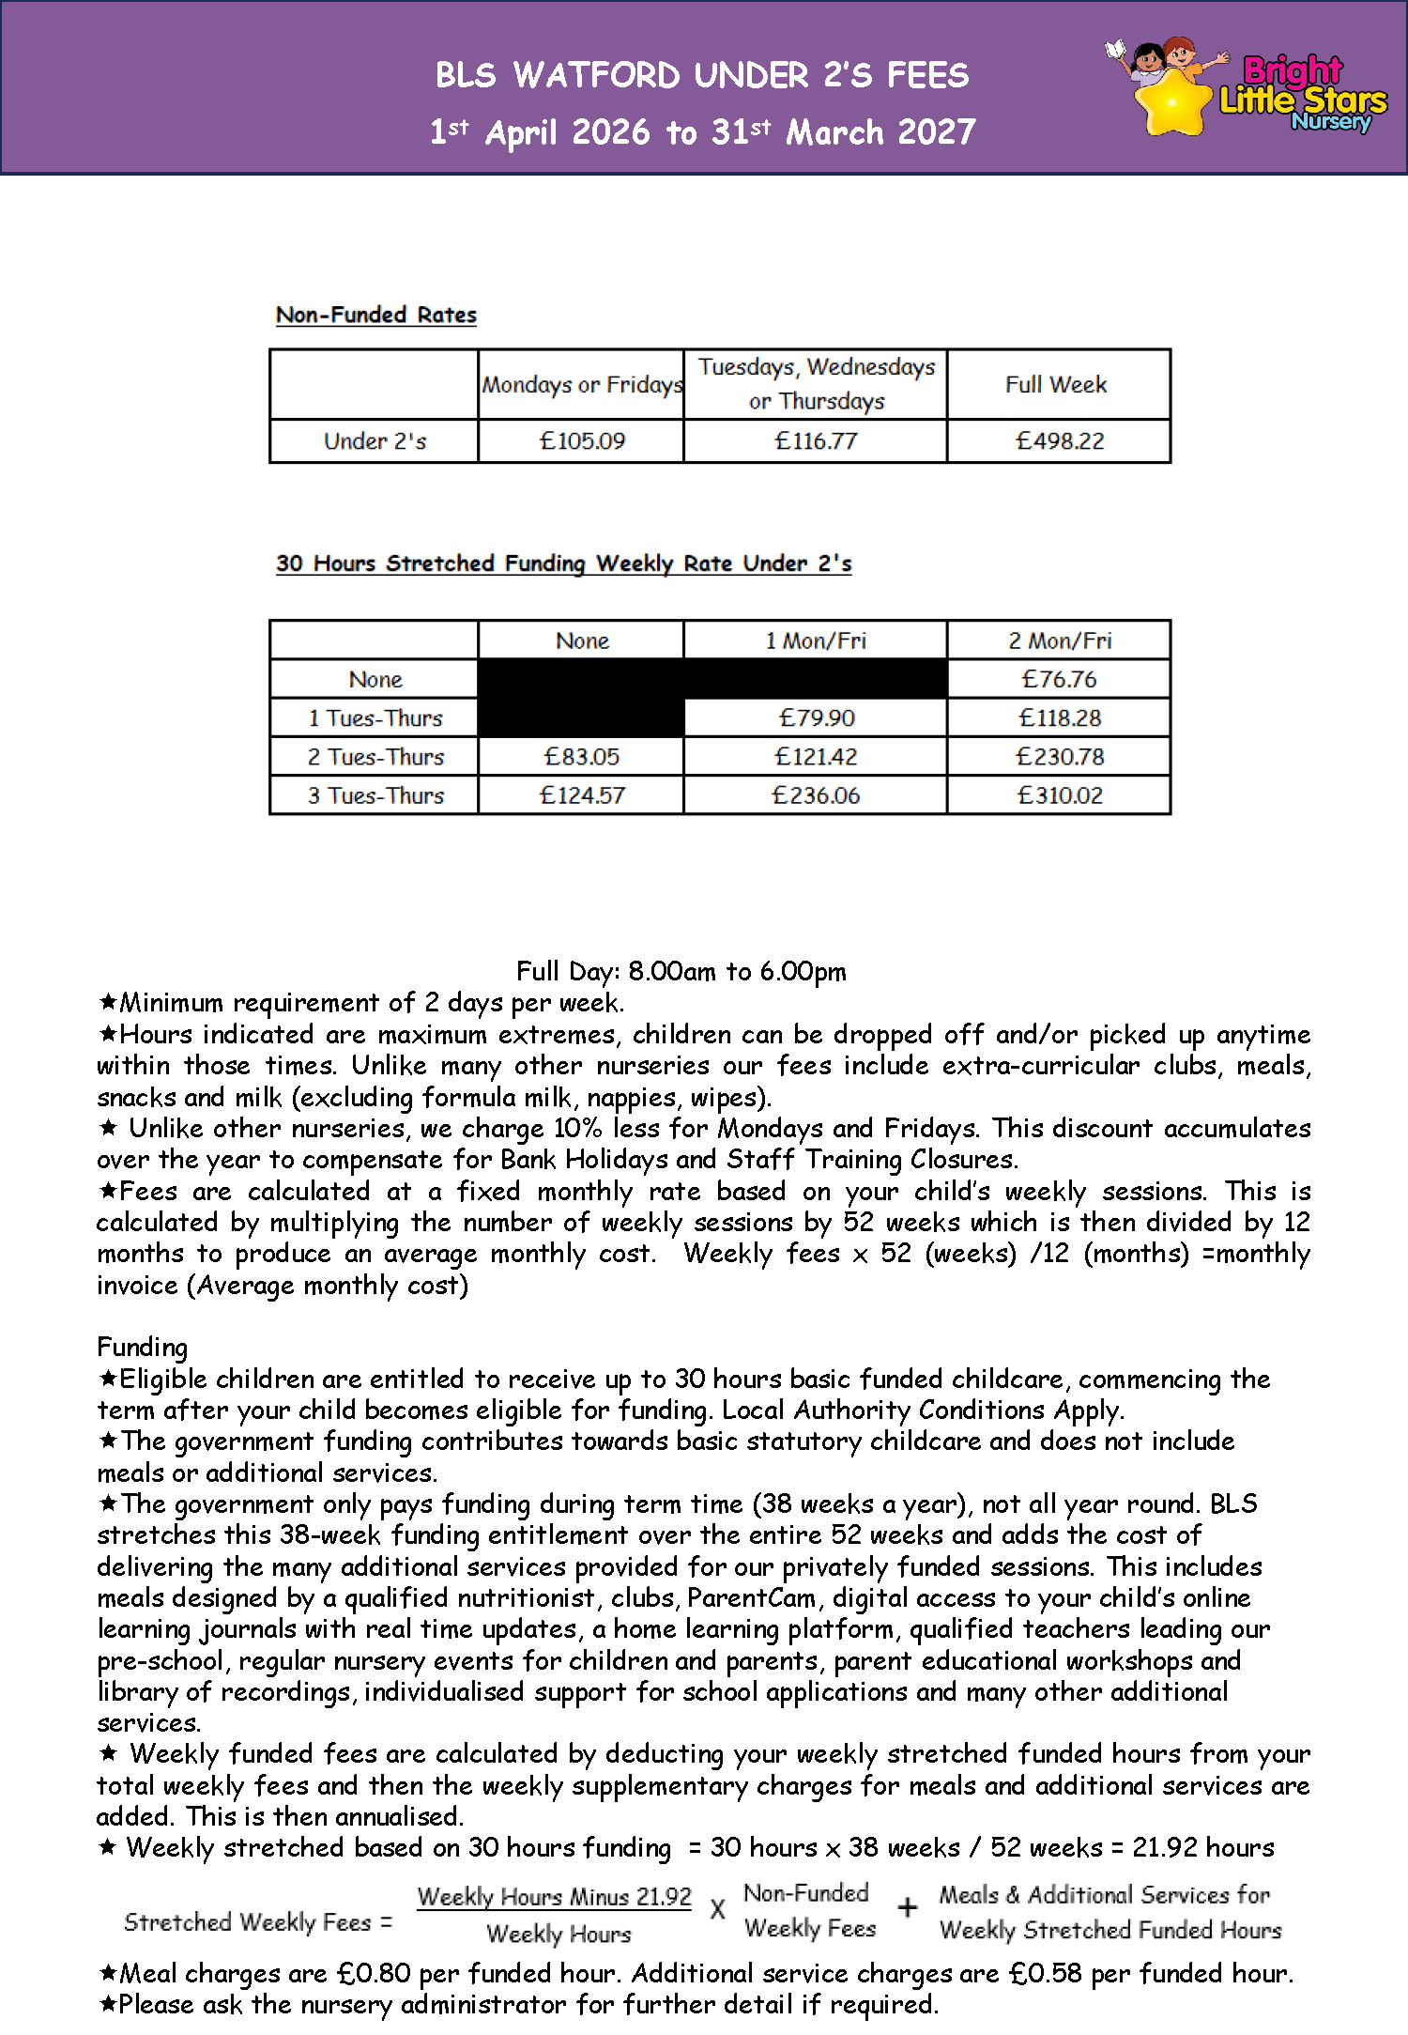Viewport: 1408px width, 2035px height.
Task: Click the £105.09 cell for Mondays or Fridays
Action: (x=582, y=440)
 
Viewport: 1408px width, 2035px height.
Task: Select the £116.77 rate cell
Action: (x=816, y=440)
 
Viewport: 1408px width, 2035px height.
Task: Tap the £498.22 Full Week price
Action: (x=1060, y=440)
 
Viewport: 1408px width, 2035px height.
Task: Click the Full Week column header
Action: (x=1056, y=384)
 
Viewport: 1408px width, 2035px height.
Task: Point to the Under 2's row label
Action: (x=375, y=440)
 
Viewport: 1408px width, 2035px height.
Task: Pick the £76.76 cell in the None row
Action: (x=1059, y=679)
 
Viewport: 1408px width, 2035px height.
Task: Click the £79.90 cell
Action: (x=817, y=717)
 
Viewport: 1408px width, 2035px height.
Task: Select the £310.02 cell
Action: (x=1060, y=795)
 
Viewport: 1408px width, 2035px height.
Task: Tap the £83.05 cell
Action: (x=582, y=757)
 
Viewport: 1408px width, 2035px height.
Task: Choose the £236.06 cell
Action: (x=816, y=795)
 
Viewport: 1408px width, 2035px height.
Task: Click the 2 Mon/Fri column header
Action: (x=1060, y=640)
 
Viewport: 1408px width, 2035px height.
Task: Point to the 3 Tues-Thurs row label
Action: (x=375, y=795)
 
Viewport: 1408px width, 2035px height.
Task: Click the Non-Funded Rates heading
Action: (x=376, y=315)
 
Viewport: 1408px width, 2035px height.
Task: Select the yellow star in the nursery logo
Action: (x=1171, y=100)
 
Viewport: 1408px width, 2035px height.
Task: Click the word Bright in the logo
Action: (x=1293, y=70)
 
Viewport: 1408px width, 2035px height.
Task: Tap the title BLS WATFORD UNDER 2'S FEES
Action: (x=702, y=75)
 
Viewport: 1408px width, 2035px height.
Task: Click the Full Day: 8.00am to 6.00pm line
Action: (x=681, y=971)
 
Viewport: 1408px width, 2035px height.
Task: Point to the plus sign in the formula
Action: (x=907, y=1907)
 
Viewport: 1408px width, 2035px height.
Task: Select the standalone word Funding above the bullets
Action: (x=142, y=1347)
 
